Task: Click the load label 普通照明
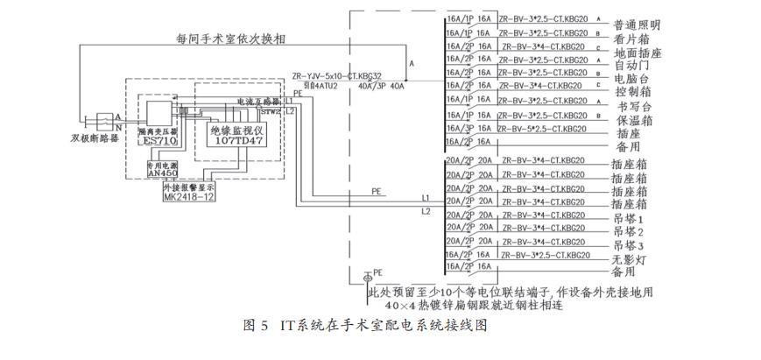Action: coord(637,25)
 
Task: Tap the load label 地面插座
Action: coord(637,53)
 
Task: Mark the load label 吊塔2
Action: coord(629,231)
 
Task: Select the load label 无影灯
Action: coord(631,258)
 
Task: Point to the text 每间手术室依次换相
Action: coord(227,40)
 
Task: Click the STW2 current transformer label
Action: coord(271,112)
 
